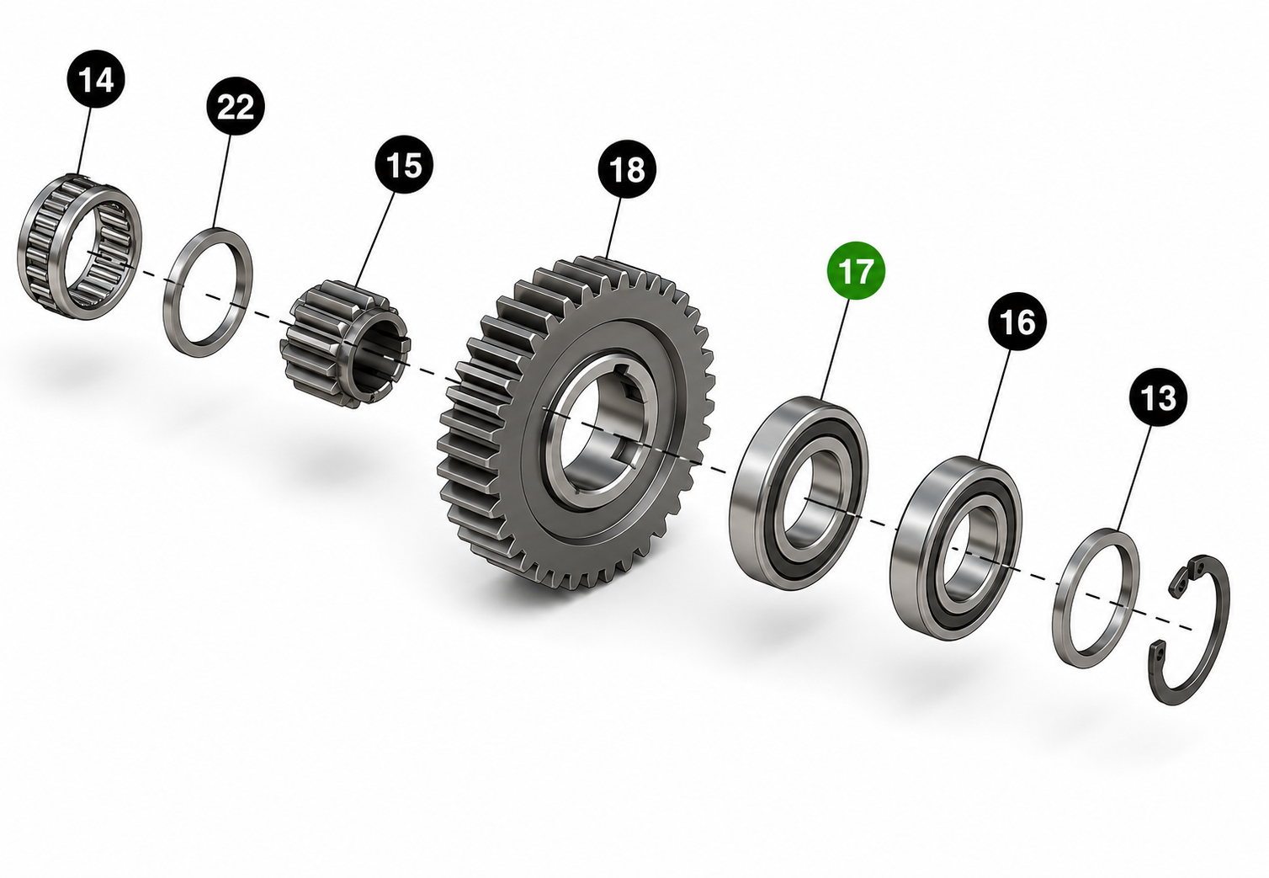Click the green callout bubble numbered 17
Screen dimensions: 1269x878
[856, 270]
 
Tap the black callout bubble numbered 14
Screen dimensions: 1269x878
[96, 79]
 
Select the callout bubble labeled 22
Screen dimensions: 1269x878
[235, 106]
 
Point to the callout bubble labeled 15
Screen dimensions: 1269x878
[404, 164]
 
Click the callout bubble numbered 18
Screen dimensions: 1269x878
[627, 169]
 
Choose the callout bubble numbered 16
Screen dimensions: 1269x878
[1017, 322]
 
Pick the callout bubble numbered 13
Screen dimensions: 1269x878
[1158, 397]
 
